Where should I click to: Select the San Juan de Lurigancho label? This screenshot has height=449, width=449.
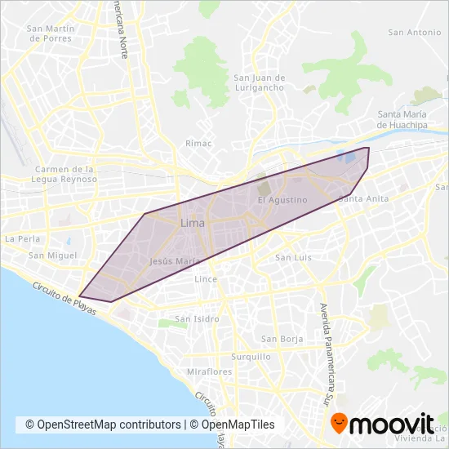click(260, 82)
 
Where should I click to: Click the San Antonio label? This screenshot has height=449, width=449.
click(415, 33)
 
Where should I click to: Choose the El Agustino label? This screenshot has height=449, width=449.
click(282, 200)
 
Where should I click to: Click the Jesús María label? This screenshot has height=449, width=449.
click(176, 261)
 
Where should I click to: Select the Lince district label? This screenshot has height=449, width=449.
click(206, 279)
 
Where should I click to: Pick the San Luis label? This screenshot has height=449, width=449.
click(293, 258)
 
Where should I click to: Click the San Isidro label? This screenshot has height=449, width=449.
click(194, 319)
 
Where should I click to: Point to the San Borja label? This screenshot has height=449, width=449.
click(282, 339)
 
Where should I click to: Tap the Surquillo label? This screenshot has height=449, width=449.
click(251, 357)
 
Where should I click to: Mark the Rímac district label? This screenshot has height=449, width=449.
click(199, 144)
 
